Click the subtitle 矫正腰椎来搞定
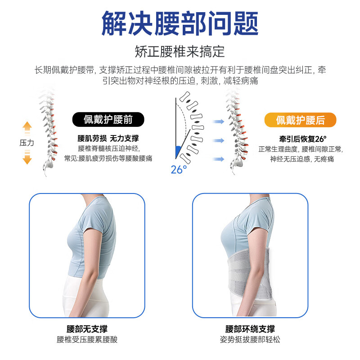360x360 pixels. tap(180, 51)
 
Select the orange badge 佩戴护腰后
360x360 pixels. tap(300, 120)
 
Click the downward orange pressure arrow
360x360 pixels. tap(27, 157)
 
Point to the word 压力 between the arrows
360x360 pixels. tap(27, 143)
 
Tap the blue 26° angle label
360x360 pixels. tap(179, 170)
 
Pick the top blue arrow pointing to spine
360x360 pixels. tap(219, 121)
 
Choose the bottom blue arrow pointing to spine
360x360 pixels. tap(219, 159)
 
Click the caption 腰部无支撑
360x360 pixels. tap(87, 329)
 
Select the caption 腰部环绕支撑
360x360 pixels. tap(250, 329)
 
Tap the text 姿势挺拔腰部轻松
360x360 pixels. tap(250, 340)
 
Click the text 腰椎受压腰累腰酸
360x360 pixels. tap(87, 340)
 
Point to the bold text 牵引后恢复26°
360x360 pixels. tap(300, 139)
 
